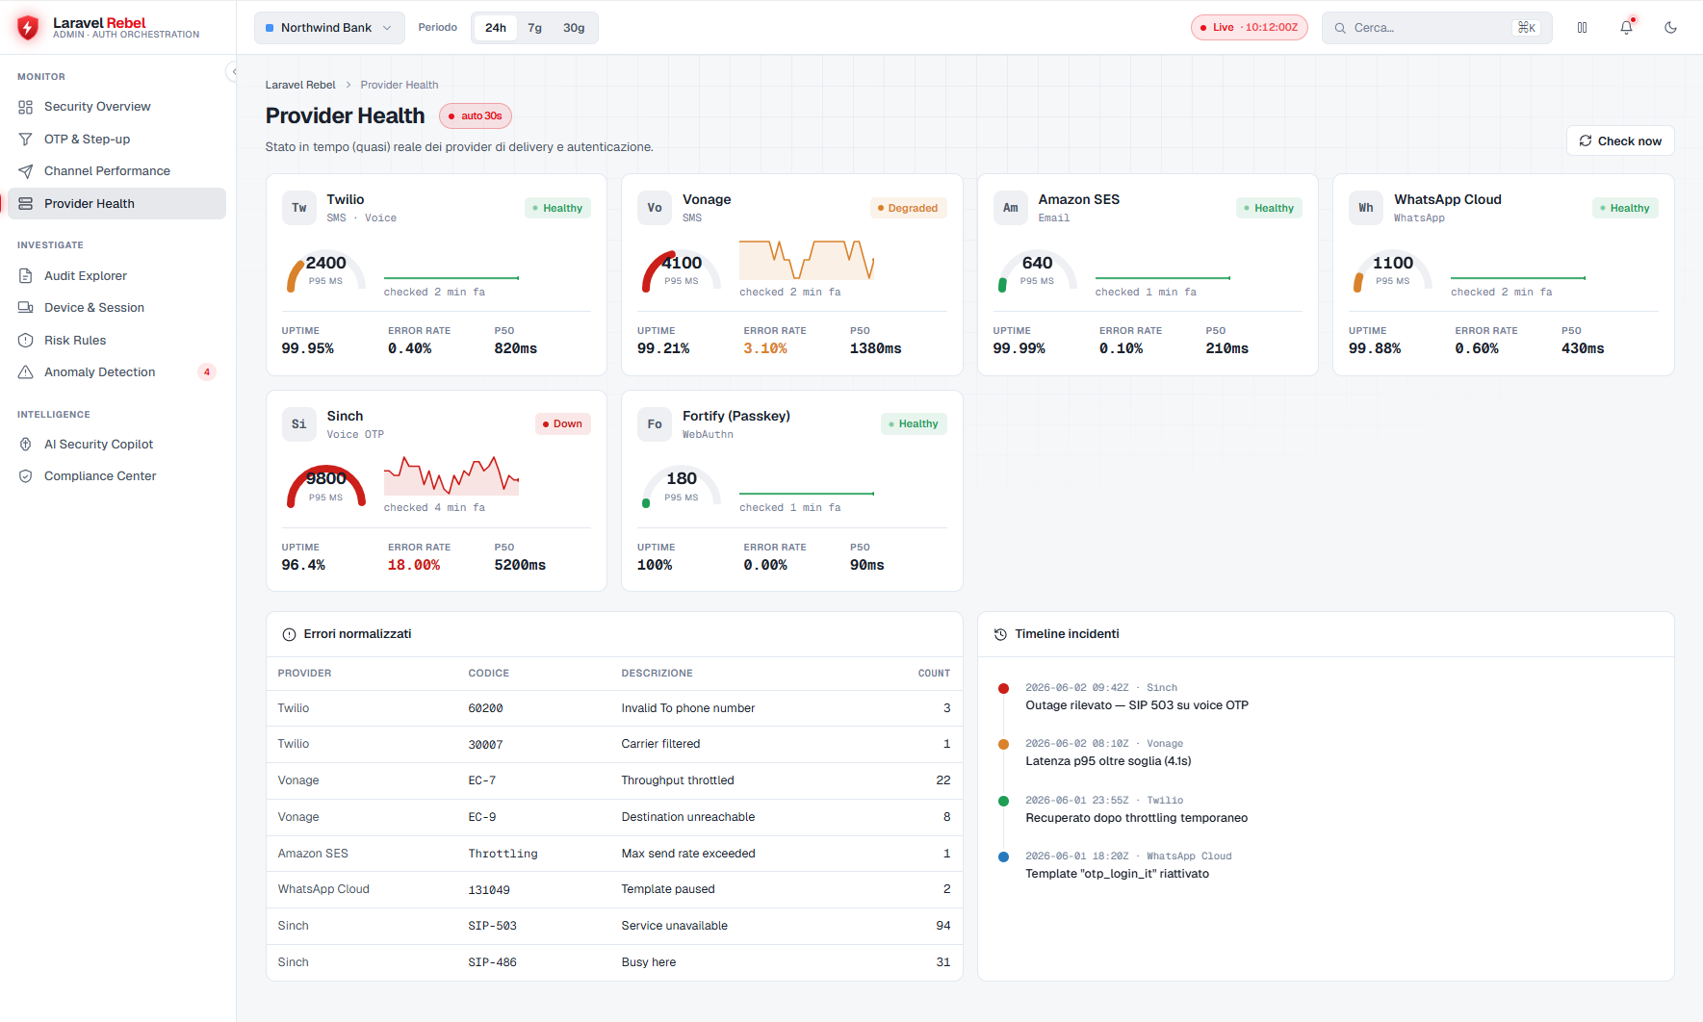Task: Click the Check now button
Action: [1620, 141]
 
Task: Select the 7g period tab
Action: [535, 28]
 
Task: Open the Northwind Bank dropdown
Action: [329, 28]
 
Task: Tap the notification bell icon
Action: [1626, 28]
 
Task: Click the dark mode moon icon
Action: [1670, 28]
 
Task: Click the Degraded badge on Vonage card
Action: [908, 208]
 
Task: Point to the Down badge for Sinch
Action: [562, 423]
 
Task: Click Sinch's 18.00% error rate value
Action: [414, 565]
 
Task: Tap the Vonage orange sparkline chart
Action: [807, 260]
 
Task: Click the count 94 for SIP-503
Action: [942, 926]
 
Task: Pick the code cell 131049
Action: [489, 890]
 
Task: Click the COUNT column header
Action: [934, 674]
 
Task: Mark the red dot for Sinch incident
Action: [1003, 688]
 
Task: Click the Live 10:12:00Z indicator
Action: [1250, 28]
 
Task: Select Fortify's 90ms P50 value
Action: [866, 565]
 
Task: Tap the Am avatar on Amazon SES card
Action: [1010, 208]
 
